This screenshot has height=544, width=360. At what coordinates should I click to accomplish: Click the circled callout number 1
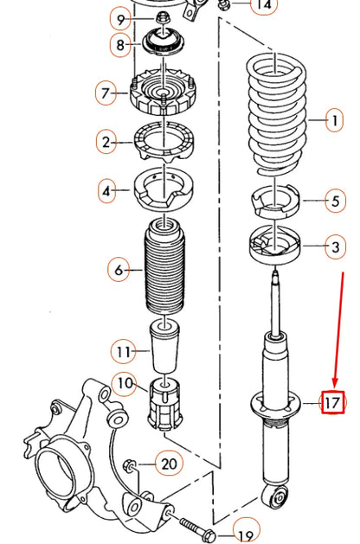click(x=334, y=121)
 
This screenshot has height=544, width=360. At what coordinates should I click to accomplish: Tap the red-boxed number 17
click(x=333, y=402)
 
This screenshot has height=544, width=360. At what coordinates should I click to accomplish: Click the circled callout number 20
click(x=169, y=464)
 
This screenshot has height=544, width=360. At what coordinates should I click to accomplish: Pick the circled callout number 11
click(x=122, y=351)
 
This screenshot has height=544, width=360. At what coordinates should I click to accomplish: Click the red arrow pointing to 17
click(x=340, y=329)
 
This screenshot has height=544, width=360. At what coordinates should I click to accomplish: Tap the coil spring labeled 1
click(x=274, y=112)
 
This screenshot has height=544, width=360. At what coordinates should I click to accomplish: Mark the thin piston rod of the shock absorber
click(x=275, y=303)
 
